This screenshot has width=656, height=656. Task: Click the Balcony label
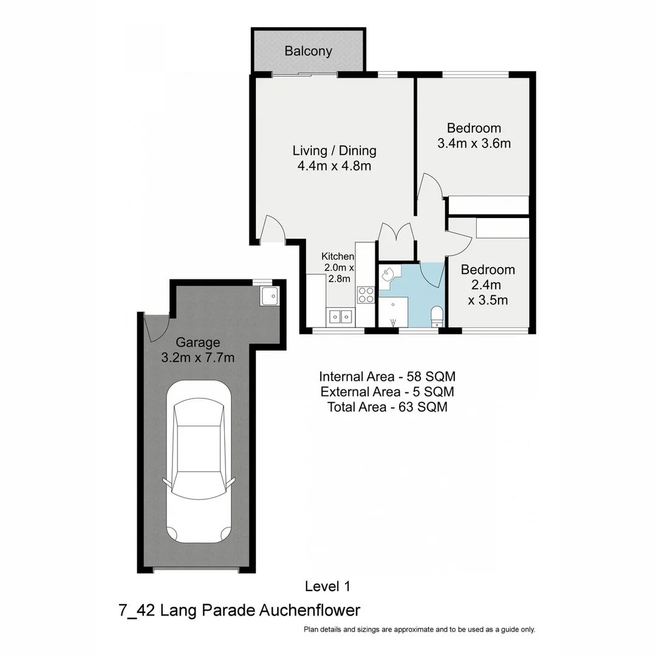[308, 51]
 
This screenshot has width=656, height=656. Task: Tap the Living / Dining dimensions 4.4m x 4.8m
[334, 166]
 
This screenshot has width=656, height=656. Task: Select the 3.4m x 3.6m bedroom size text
[474, 144]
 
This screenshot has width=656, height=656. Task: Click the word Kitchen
[338, 256]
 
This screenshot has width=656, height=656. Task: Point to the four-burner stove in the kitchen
[366, 295]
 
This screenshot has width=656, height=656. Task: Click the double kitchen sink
[340, 316]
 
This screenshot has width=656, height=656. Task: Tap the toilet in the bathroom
[436, 316]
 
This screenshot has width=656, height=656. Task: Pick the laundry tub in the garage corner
[269, 296]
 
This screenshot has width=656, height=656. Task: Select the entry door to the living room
[270, 231]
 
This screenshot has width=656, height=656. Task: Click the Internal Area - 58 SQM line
[387, 375]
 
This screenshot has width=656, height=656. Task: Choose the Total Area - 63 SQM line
[387, 408]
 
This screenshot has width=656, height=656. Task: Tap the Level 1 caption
[327, 586]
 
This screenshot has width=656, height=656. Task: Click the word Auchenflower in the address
[310, 610]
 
